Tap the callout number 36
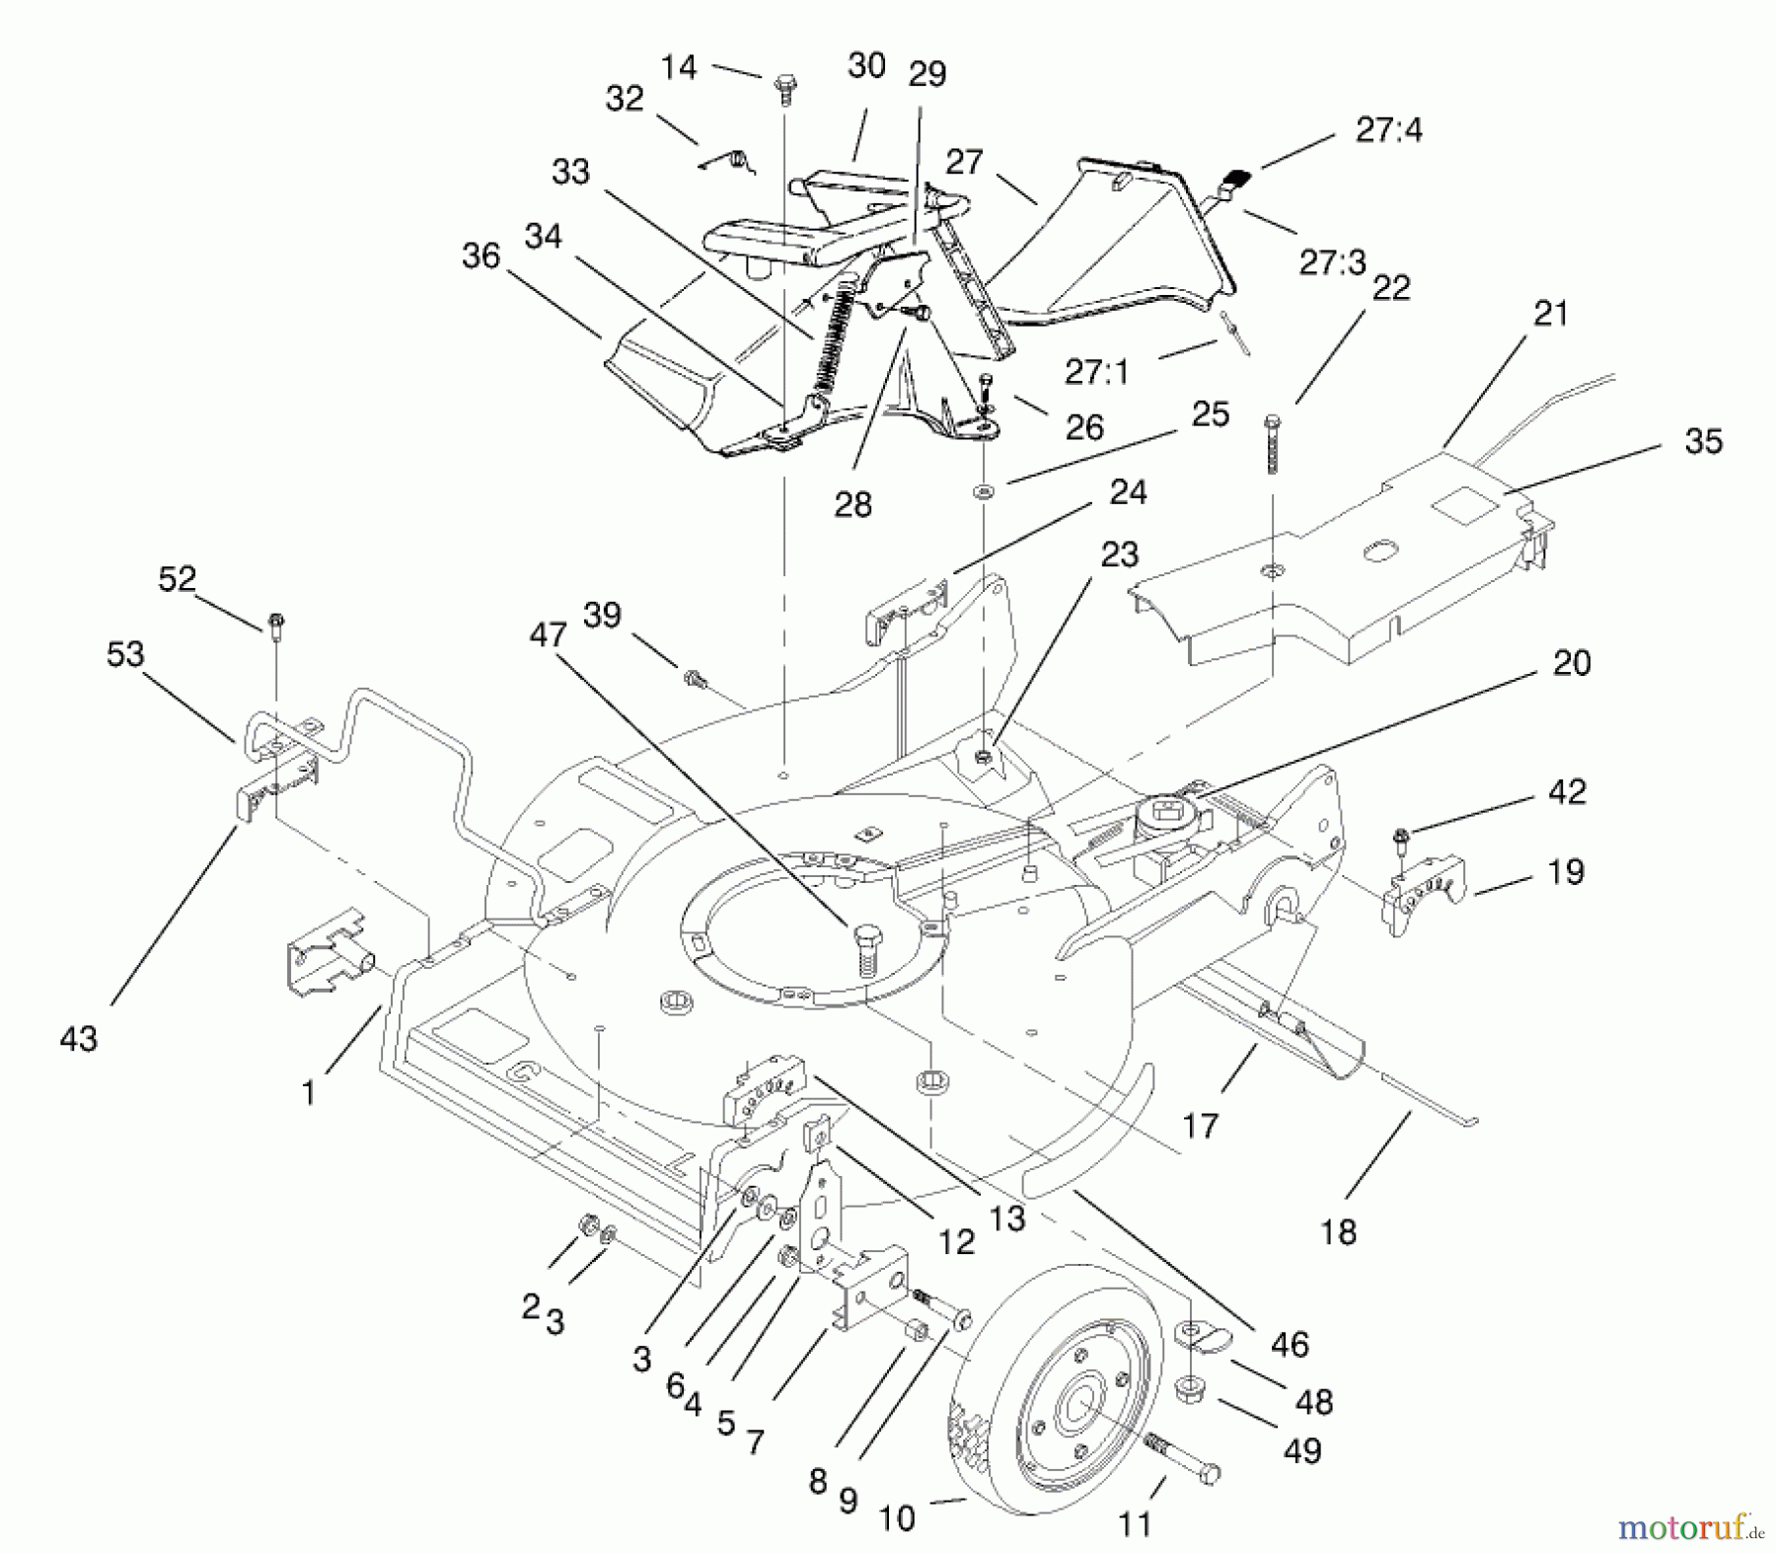[x=481, y=256]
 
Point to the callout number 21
[x=1551, y=314]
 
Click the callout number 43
[x=79, y=1039]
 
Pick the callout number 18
[x=1338, y=1231]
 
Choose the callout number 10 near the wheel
[x=897, y=1518]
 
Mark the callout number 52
[x=178, y=578]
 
